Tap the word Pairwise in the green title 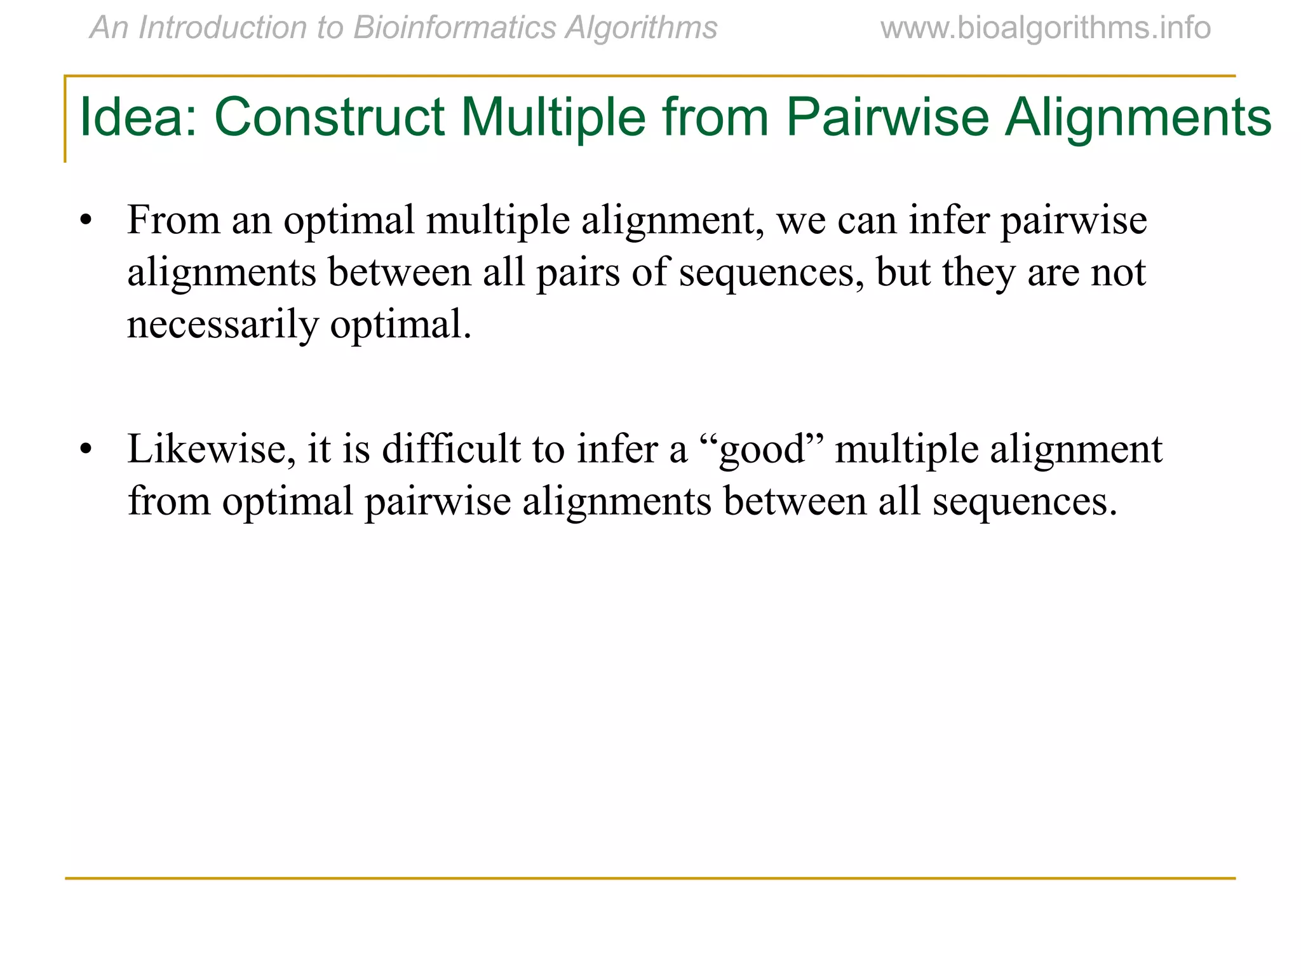coord(887,118)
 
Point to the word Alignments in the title coord(1138,118)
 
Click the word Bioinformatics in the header coord(454,28)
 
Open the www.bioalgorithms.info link coord(1046,28)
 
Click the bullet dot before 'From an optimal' coord(86,221)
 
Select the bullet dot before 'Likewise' coord(86,450)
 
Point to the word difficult coord(451,449)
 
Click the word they coord(978,273)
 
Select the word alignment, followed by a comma coord(673,221)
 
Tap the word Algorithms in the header coord(641,28)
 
